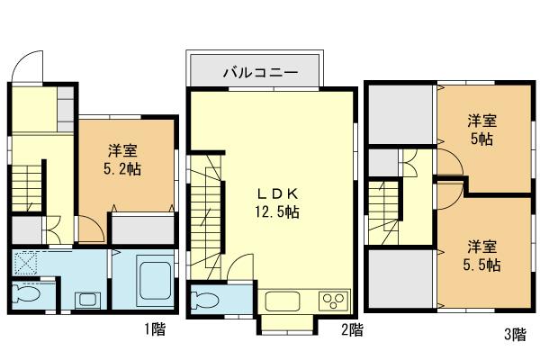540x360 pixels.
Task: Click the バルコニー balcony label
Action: [255, 72]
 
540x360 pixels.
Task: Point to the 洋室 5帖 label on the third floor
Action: [483, 130]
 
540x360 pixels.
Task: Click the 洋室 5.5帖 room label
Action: [483, 256]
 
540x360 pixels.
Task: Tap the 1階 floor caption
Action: [153, 329]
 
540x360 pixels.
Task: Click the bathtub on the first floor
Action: [154, 281]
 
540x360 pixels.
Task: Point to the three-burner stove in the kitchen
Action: [333, 301]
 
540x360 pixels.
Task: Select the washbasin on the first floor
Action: [86, 298]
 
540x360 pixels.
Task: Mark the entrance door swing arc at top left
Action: [31, 66]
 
